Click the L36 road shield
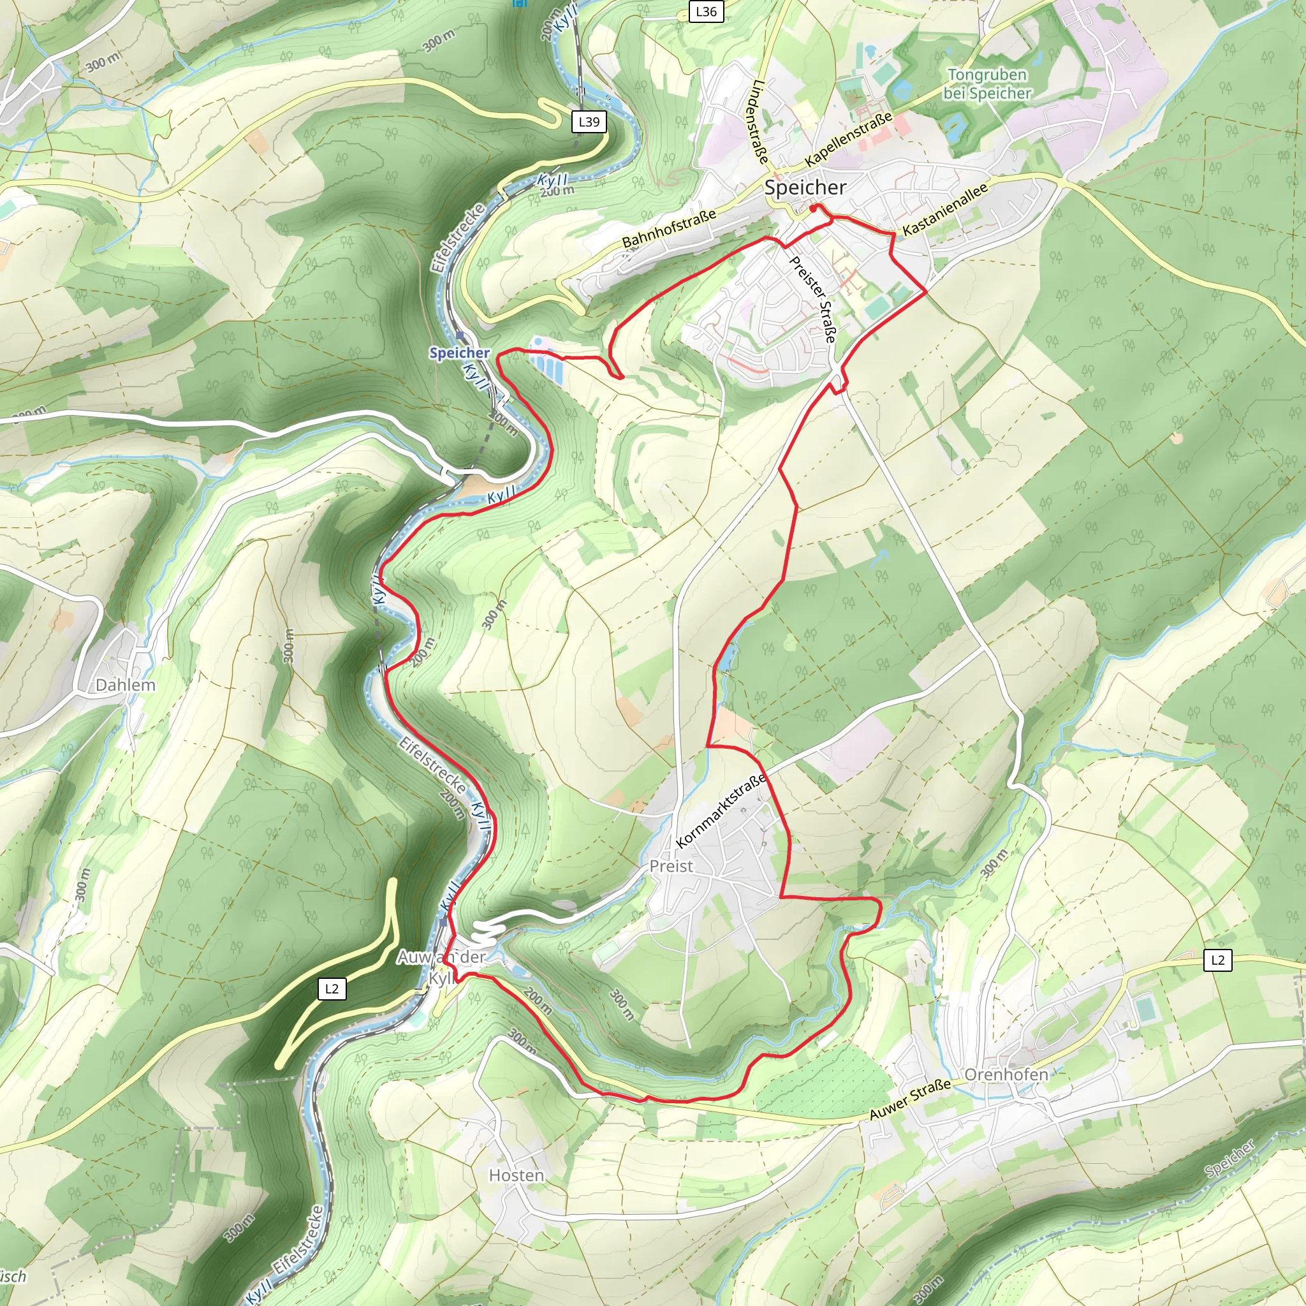click(x=706, y=11)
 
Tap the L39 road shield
click(x=589, y=122)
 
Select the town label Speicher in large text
click(x=805, y=187)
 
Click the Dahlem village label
click(x=125, y=685)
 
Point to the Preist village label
click(x=671, y=866)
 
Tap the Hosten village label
click(x=517, y=1175)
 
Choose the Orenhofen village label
click(x=1006, y=1075)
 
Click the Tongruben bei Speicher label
click(x=987, y=84)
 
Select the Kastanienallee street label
click(x=945, y=209)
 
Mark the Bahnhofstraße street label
click(x=668, y=229)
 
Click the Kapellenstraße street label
click(x=848, y=140)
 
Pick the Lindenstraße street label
click(x=758, y=122)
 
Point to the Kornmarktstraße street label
click(x=721, y=811)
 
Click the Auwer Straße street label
click(x=910, y=1099)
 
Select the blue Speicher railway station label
click(x=459, y=353)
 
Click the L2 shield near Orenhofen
click(x=1217, y=960)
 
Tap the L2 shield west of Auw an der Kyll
click(x=331, y=989)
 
